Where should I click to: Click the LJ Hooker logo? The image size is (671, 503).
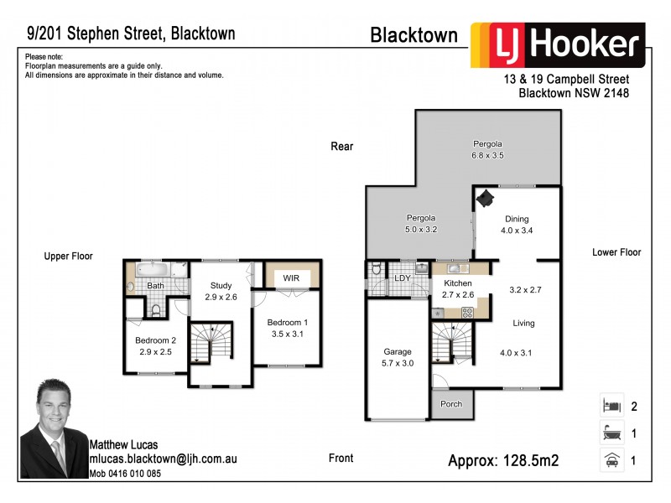click(x=557, y=44)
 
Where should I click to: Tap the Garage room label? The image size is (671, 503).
click(x=398, y=352)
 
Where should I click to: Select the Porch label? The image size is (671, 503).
click(x=451, y=404)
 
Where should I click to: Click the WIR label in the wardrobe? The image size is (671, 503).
click(x=291, y=277)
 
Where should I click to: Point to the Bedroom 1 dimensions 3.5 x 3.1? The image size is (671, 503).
click(x=287, y=334)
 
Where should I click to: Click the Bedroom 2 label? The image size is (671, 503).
click(x=156, y=340)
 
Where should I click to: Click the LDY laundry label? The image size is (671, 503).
click(x=401, y=277)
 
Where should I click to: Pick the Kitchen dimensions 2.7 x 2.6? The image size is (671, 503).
click(x=458, y=295)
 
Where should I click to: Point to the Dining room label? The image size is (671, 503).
click(x=517, y=220)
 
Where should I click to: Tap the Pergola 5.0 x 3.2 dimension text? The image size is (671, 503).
click(x=422, y=228)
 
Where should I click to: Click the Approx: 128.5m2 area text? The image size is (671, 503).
click(x=503, y=460)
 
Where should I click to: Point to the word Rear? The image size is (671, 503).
click(x=342, y=147)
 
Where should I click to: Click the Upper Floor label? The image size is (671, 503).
click(x=69, y=257)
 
